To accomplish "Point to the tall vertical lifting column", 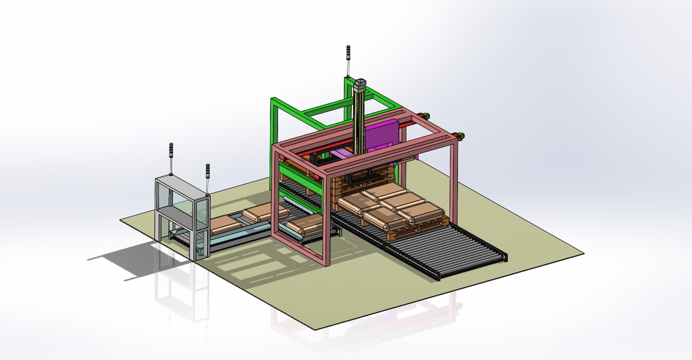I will (x=359, y=121).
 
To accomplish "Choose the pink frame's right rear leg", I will (x=454, y=173).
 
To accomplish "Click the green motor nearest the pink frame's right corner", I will (x=460, y=135).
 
